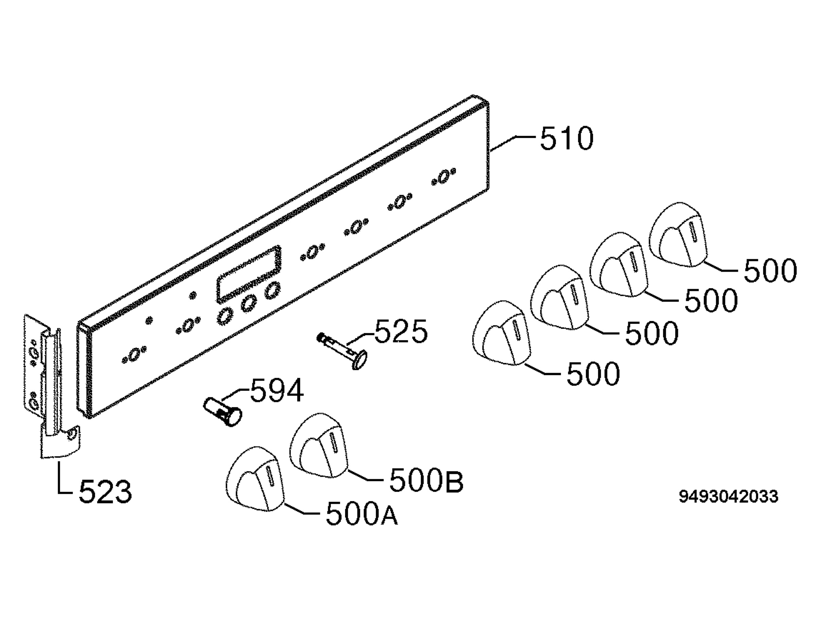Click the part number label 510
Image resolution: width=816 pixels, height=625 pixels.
(x=566, y=138)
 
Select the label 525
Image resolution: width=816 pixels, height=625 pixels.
(x=401, y=331)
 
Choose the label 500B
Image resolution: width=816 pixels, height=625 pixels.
(x=426, y=481)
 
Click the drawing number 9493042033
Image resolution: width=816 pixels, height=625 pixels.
(x=729, y=496)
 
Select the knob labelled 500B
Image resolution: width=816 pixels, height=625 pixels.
(x=319, y=445)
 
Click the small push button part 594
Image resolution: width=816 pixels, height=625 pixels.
(x=222, y=412)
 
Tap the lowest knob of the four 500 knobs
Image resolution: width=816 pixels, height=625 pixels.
(x=502, y=333)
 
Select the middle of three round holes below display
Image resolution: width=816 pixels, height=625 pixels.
(x=248, y=303)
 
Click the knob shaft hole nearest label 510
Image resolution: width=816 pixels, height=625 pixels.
(x=443, y=176)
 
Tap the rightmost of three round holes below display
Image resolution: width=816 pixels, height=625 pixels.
(x=272, y=290)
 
